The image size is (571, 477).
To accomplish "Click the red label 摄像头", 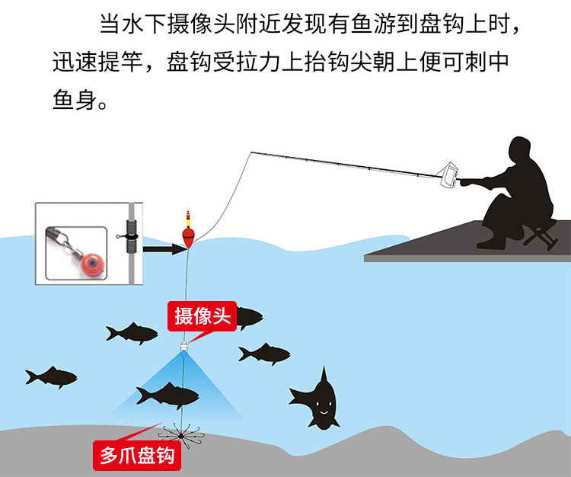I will click(x=203, y=316).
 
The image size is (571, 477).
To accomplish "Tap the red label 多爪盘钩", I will click(x=138, y=456).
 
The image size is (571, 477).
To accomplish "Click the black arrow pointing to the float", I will click(x=164, y=248).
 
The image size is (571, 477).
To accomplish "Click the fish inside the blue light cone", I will click(x=167, y=395).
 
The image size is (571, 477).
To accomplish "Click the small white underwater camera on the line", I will click(x=184, y=347).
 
